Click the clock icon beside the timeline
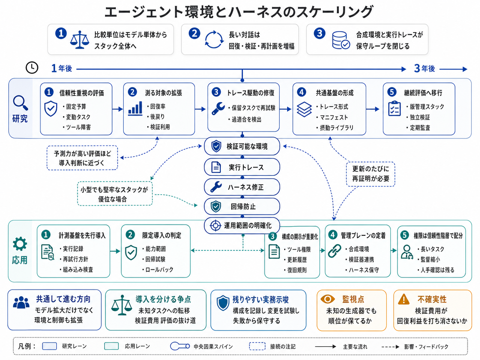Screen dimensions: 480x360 (x=32, y=67)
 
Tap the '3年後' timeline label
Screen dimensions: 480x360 (x=424, y=69)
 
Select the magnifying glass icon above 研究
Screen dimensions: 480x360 (x=20, y=103)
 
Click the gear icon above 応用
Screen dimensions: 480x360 (x=20, y=244)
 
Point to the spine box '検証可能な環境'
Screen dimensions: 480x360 (x=242, y=146)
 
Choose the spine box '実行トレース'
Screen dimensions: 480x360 (x=242, y=167)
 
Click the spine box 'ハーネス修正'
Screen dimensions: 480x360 (x=242, y=187)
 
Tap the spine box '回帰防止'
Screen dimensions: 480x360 (x=242, y=206)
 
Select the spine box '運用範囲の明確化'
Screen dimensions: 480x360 (x=242, y=225)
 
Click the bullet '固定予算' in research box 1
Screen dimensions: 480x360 (x=75, y=107)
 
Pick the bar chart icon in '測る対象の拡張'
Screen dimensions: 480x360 (x=135, y=109)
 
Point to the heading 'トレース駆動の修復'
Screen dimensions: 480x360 (x=250, y=92)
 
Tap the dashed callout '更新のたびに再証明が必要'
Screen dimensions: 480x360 (x=370, y=174)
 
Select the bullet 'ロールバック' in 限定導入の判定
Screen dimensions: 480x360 (x=157, y=270)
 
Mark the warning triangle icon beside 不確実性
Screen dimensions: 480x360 (x=404, y=299)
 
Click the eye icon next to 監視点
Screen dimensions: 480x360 (x=327, y=299)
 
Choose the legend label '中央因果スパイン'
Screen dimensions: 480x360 (x=213, y=347)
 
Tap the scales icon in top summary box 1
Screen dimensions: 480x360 (x=80, y=40)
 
